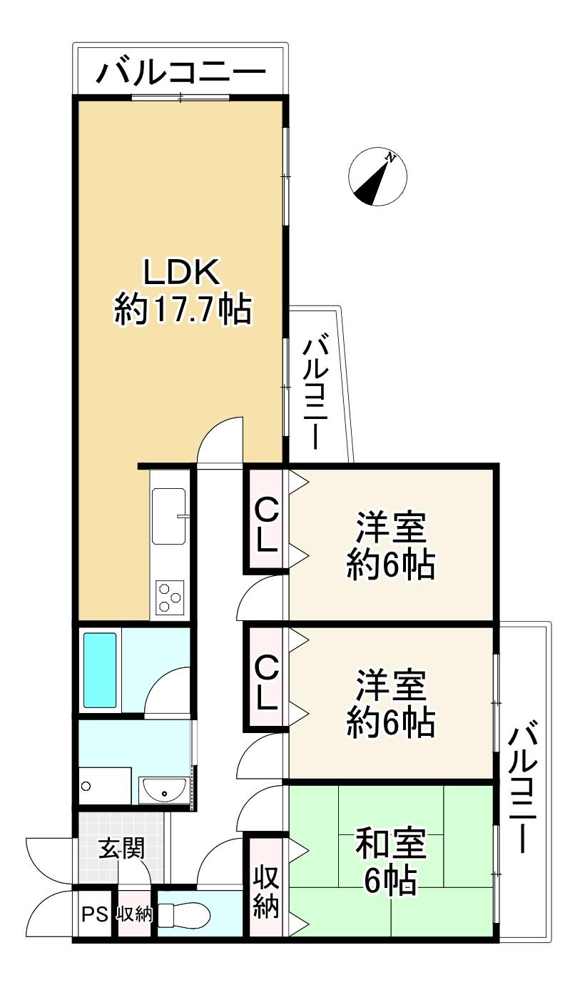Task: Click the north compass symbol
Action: pos(377,176)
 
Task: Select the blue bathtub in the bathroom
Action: pos(100,670)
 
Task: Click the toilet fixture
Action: pos(184,914)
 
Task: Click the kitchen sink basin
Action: pos(169,516)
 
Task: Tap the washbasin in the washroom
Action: pos(164,792)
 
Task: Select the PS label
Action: pos(95,914)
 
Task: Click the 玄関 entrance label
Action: pos(121,848)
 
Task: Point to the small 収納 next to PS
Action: pos(134,914)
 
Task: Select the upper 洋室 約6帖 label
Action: pos(391,545)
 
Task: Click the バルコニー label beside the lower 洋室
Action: pos(522,787)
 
